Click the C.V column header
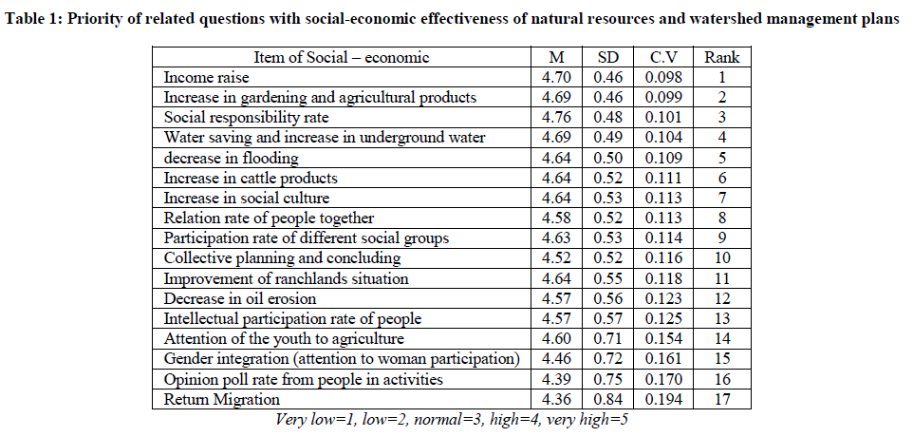pyautogui.click(x=662, y=58)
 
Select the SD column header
pyautogui.click(x=607, y=58)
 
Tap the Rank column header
pyautogui.click(x=722, y=58)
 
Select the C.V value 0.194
pyautogui.click(x=662, y=401)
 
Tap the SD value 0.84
pyautogui.click(x=607, y=401)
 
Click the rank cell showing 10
pyautogui.click(x=722, y=258)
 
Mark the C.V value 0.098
pyautogui.click(x=662, y=78)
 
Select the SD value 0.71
pyautogui.click(x=607, y=339)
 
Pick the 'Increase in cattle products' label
pyautogui.click(x=251, y=178)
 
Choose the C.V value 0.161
pyautogui.click(x=662, y=360)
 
